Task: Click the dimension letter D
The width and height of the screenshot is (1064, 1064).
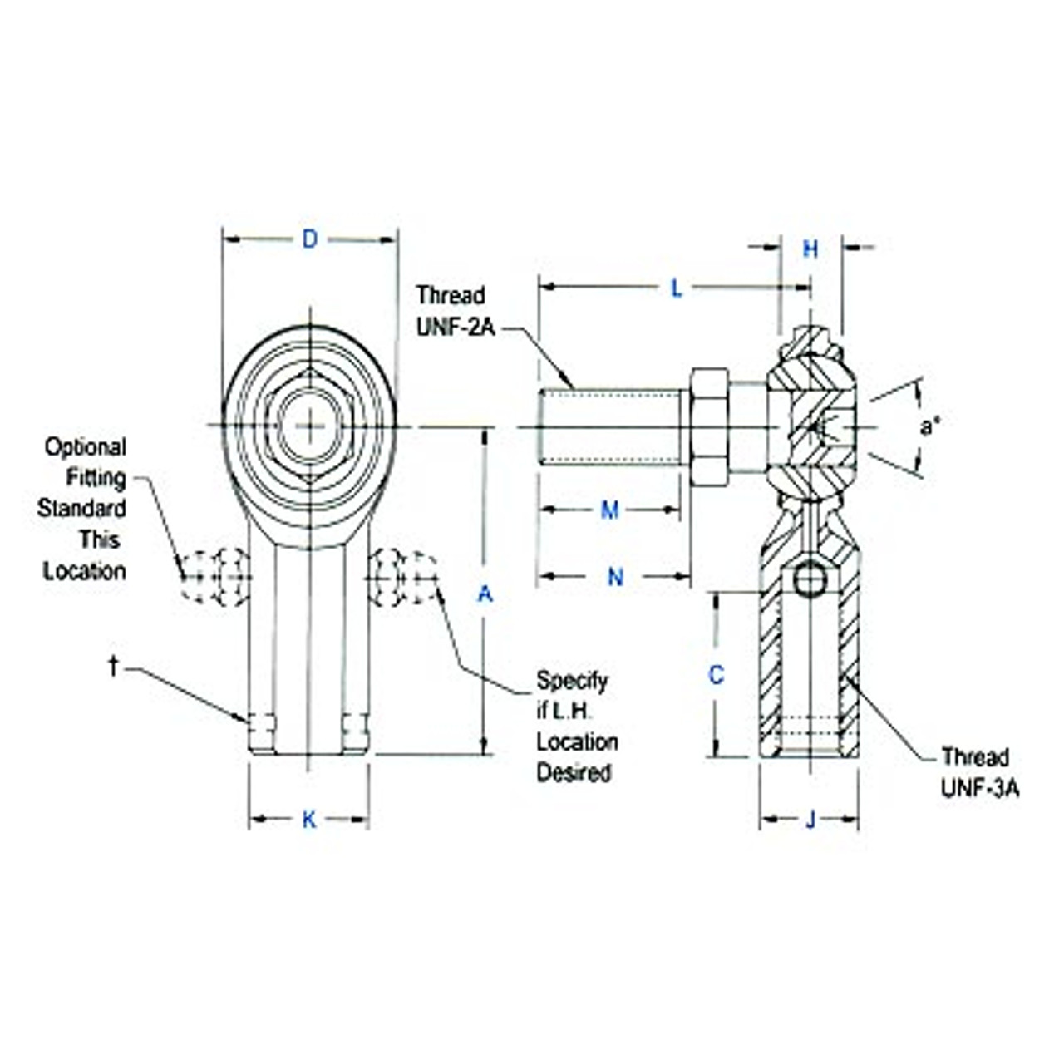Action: click(x=309, y=240)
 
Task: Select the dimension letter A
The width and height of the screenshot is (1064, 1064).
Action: click(x=485, y=594)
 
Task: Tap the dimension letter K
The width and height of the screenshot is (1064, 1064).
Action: click(x=309, y=820)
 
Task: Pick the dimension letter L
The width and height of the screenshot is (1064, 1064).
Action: click(x=677, y=289)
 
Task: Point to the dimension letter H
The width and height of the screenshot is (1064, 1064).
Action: click(x=810, y=249)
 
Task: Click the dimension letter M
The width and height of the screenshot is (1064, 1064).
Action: click(x=610, y=510)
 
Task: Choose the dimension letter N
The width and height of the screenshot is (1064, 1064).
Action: click(x=615, y=577)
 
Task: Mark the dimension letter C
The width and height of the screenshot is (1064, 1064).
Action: click(x=716, y=676)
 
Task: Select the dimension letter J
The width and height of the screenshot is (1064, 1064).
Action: click(x=810, y=821)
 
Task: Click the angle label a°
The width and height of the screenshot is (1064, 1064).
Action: click(x=930, y=427)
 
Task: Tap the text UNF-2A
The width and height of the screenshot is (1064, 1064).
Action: click(x=456, y=328)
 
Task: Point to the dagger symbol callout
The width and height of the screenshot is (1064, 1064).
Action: click(x=113, y=666)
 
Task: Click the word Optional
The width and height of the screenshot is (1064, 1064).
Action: click(x=86, y=447)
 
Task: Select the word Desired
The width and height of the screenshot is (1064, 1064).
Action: click(x=574, y=773)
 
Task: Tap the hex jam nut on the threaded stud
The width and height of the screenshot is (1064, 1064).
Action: click(x=709, y=427)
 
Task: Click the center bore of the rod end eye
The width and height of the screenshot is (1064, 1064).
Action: click(x=309, y=427)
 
